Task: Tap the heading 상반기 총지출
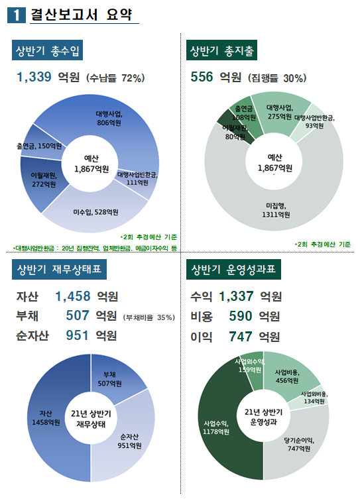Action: (223, 51)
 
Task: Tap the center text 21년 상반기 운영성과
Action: (264, 418)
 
